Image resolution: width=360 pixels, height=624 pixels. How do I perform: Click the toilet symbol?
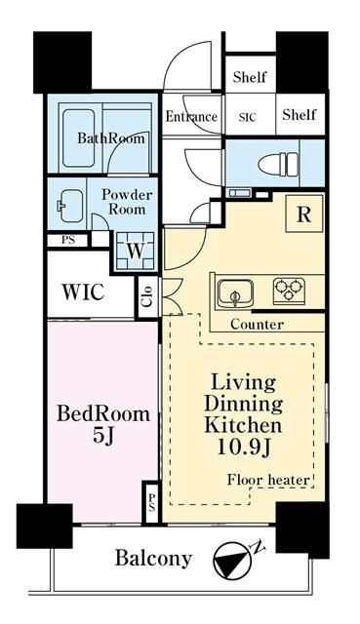point(278,164)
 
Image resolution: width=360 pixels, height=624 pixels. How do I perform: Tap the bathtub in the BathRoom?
point(78,138)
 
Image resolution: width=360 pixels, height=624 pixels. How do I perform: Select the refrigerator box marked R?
point(304,214)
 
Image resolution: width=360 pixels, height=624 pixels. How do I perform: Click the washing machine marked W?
point(136,251)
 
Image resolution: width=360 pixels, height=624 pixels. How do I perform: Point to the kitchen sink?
point(235,292)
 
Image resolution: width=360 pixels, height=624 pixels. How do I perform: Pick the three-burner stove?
point(289,291)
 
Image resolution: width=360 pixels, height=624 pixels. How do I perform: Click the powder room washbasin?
point(71,206)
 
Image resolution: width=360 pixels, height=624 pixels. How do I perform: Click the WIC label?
point(83,292)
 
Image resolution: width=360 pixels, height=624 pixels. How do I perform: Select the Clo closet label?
point(147,296)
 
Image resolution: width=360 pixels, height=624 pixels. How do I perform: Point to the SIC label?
point(248,117)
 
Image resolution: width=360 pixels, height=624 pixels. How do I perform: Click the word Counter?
point(257,325)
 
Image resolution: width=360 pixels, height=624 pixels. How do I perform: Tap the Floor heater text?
point(268,480)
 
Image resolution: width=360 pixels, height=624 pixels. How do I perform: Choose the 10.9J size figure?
point(243,447)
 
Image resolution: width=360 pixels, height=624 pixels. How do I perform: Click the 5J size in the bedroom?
point(103,436)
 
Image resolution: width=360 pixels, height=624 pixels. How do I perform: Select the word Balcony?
point(153,559)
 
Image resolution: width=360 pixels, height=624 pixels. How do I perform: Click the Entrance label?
point(191,117)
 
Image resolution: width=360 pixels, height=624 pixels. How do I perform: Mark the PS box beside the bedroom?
point(152,502)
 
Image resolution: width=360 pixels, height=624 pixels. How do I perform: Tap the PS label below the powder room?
point(67,241)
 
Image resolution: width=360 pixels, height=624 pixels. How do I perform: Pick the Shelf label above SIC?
point(250,76)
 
